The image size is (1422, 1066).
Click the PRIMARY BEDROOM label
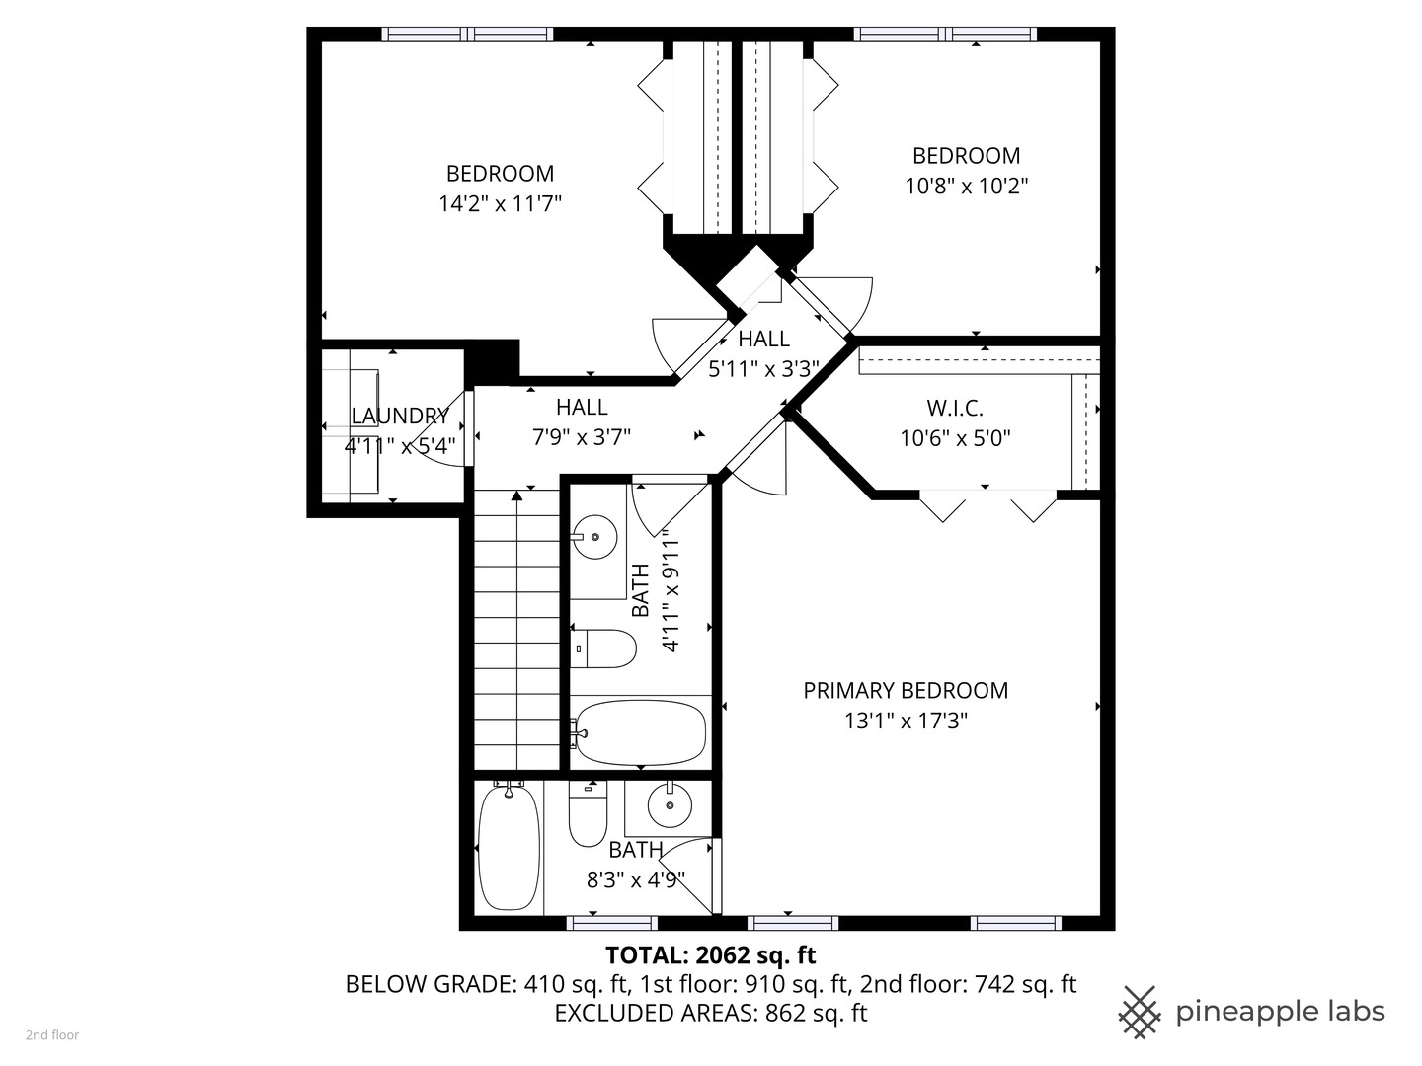coord(906,691)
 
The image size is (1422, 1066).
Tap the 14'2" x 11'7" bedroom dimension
coord(500,204)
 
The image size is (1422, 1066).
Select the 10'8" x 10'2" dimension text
coord(966,186)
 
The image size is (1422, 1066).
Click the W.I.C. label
coord(954,409)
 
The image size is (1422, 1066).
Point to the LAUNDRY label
coord(400,417)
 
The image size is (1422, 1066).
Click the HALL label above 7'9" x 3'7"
coord(582,407)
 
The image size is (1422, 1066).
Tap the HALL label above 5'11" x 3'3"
coord(763,340)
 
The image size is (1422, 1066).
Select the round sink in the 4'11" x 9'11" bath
coord(594,537)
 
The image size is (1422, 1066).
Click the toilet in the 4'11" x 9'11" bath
coord(603,648)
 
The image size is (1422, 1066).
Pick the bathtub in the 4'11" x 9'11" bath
coord(640,732)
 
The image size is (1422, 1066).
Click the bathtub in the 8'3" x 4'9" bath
coord(509,847)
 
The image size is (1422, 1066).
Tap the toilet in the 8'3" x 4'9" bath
coord(588,815)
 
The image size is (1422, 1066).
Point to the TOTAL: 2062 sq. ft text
coord(710,955)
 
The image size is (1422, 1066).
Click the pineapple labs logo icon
coord(1140,1012)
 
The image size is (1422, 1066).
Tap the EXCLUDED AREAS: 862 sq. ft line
coord(710,1013)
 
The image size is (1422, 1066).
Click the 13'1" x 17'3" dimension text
coord(906,722)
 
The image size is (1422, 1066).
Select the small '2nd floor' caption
coord(52,1035)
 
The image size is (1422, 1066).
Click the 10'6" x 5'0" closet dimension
coord(955,438)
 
